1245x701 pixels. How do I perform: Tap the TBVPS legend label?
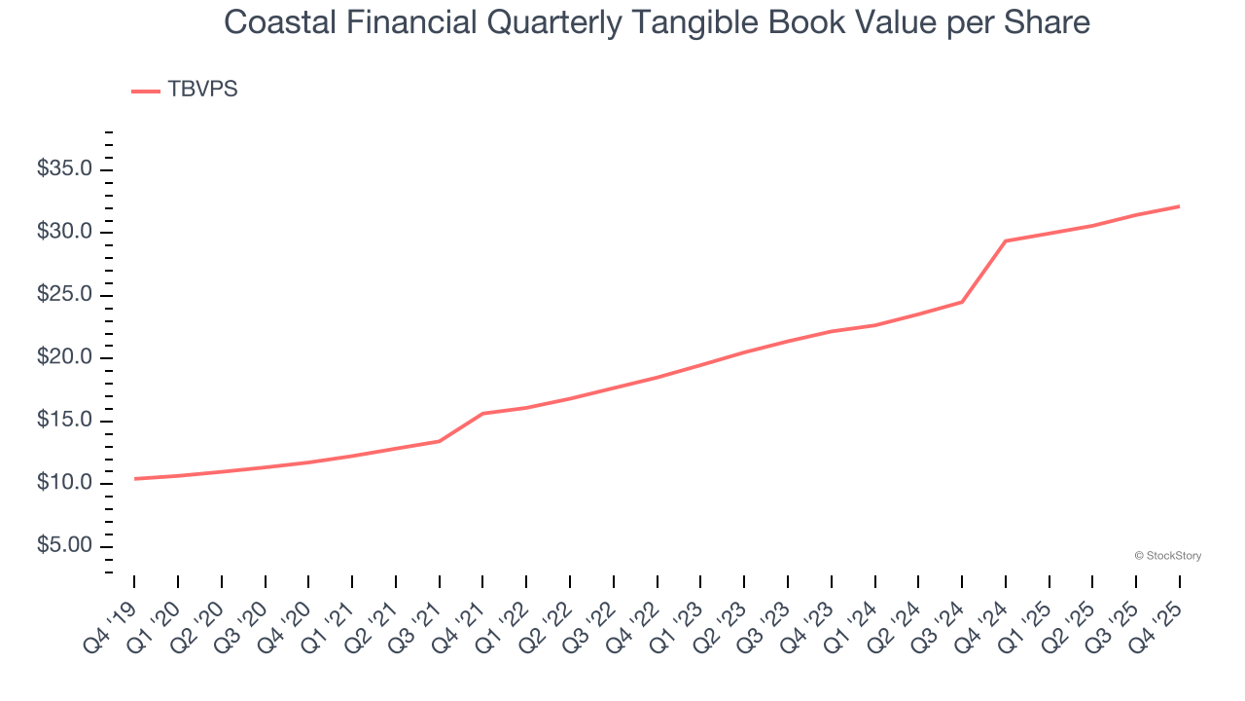pyautogui.click(x=202, y=90)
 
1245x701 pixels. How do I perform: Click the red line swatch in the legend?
pyautogui.click(x=146, y=91)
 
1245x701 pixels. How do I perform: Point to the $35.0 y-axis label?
pyautogui.click(x=64, y=169)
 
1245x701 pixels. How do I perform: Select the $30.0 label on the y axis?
pyautogui.click(x=64, y=232)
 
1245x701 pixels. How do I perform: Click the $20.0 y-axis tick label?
pyautogui.click(x=64, y=357)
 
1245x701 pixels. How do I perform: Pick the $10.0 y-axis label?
pyautogui.click(x=64, y=483)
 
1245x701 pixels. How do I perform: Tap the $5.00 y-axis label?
pyautogui.click(x=64, y=545)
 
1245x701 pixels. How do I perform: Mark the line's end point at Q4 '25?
pyautogui.click(x=1179, y=206)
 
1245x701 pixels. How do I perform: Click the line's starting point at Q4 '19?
pyautogui.click(x=134, y=479)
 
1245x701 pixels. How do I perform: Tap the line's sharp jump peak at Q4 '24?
pyautogui.click(x=1005, y=240)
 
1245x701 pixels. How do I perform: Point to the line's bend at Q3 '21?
pyautogui.click(x=440, y=441)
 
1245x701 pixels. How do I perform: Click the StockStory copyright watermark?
pyautogui.click(x=1167, y=556)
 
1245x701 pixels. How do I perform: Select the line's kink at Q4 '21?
pyautogui.click(x=483, y=414)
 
